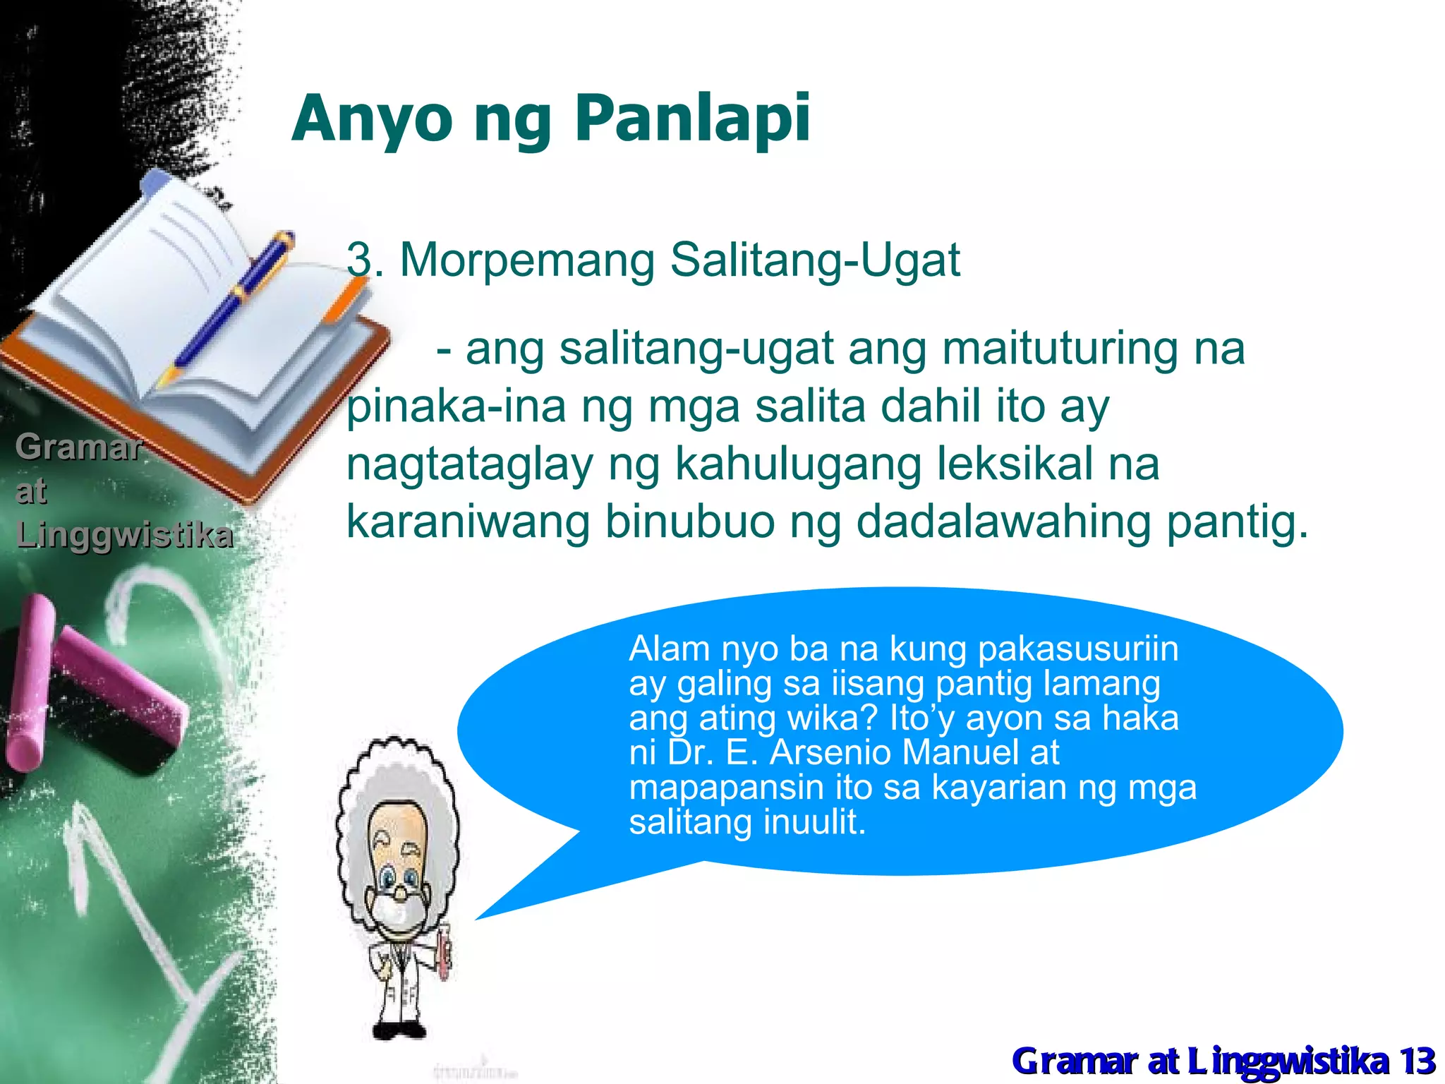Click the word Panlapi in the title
pos(692,119)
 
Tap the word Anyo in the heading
pos(372,119)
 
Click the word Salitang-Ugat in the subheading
pos(814,260)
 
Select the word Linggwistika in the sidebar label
pos(124,535)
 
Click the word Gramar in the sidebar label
pos(78,447)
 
